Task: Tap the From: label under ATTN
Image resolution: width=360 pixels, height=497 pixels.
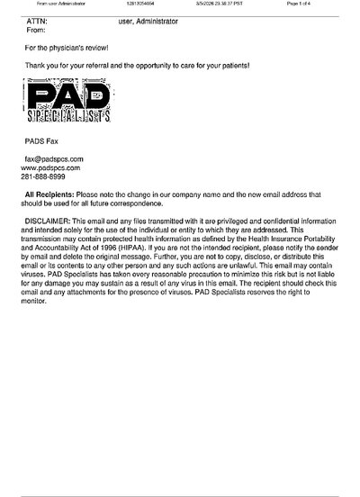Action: [x=38, y=29]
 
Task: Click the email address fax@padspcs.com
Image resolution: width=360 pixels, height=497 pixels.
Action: [x=54, y=158]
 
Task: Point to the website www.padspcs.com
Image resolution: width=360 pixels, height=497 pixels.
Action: [x=50, y=167]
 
